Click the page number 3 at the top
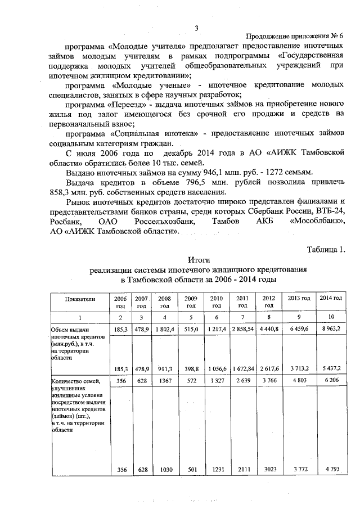coord(196,29)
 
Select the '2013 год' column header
coord(299,298)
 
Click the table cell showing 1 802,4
coord(164,326)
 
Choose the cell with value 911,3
coord(164,368)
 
